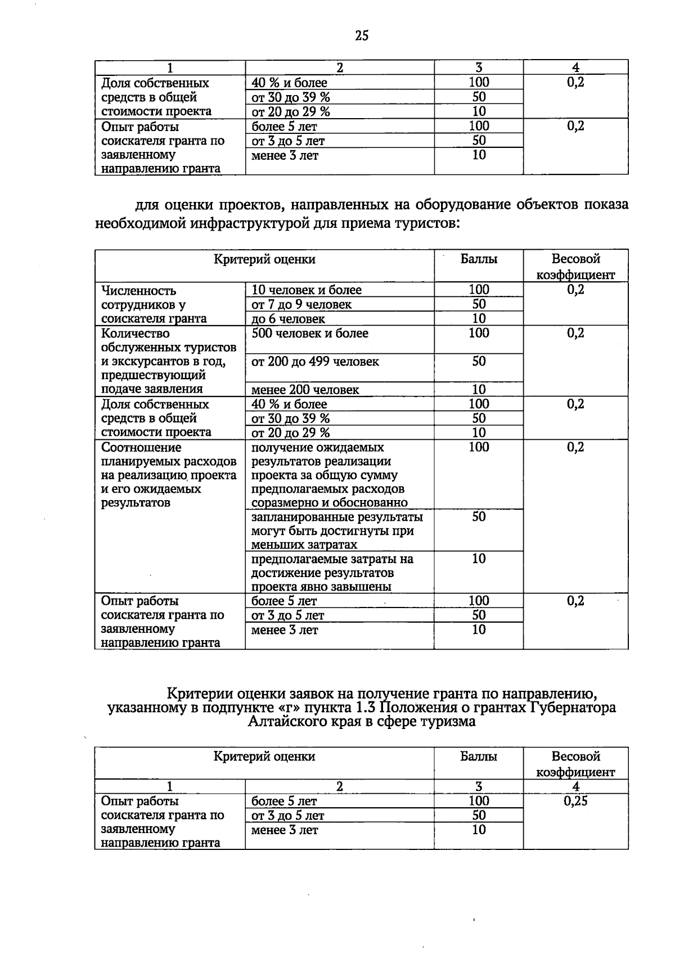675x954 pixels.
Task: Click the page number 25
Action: coord(362,35)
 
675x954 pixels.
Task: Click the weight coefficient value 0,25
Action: coord(575,801)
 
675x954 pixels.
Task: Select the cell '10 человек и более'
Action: coord(307,290)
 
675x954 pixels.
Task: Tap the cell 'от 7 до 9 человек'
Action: coord(301,304)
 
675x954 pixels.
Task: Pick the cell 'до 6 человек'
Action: coord(288,319)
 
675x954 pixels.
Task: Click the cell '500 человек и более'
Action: coord(310,333)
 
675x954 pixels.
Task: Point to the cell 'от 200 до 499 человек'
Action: coord(315,361)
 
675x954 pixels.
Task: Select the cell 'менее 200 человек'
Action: coord(305,389)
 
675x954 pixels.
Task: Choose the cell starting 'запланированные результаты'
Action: coord(336,530)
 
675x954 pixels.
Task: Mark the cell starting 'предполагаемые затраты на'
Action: coord(332,573)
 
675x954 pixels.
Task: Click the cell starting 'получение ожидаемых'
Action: coord(329,475)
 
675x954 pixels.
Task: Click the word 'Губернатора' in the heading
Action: coord(573,708)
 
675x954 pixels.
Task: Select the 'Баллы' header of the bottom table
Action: coord(478,757)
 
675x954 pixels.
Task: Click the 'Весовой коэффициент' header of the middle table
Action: coord(575,266)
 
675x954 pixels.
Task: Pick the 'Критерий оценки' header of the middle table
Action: coord(264,259)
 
